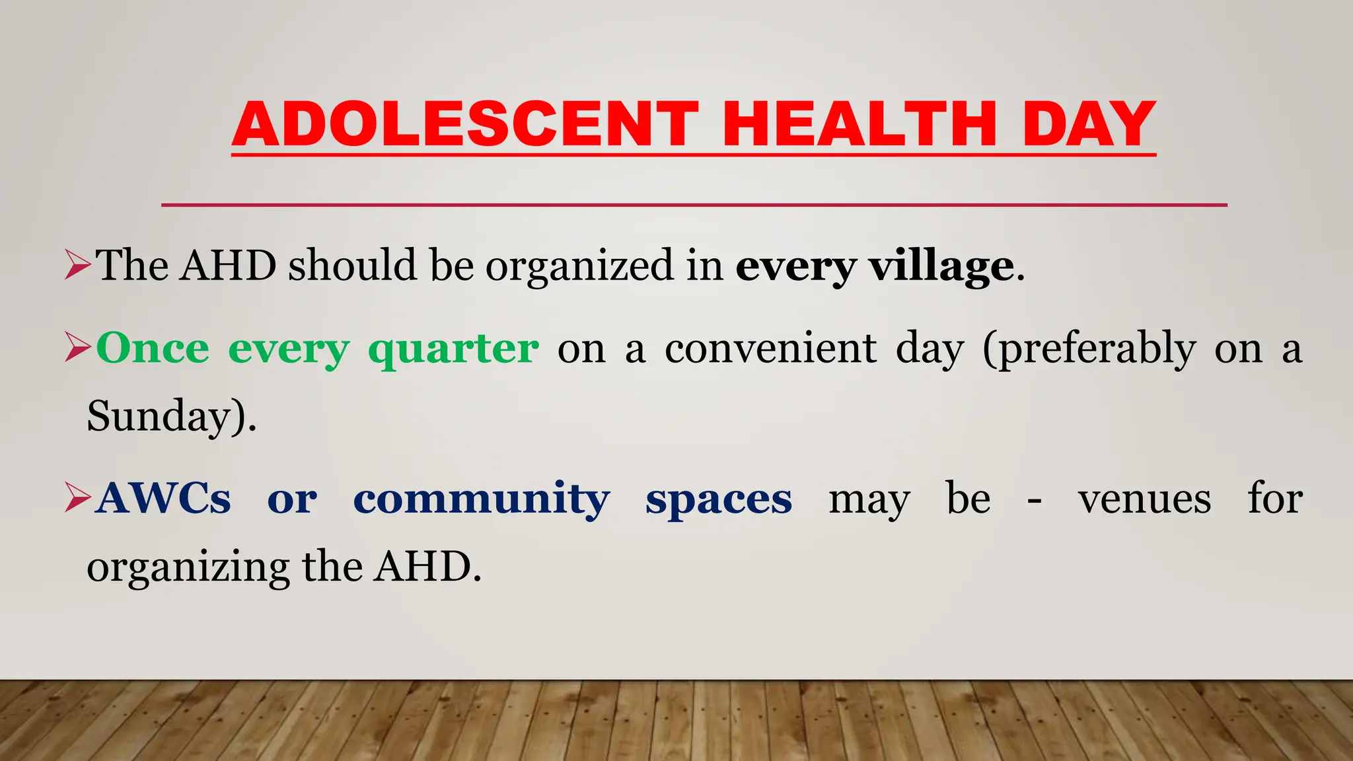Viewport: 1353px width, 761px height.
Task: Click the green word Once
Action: [x=153, y=348]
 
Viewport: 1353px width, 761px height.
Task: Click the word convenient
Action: [x=770, y=348]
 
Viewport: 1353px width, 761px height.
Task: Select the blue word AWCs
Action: [x=163, y=499]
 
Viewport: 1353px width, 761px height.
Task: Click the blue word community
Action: [x=482, y=499]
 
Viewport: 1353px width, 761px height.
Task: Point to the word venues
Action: [x=1145, y=499]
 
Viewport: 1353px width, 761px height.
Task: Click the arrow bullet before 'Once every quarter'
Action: [x=77, y=348]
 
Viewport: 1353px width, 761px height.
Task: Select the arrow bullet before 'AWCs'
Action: [x=77, y=499]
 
